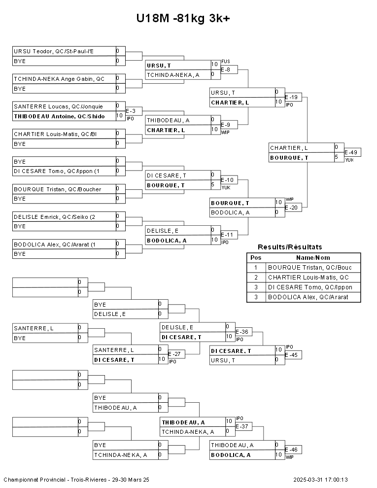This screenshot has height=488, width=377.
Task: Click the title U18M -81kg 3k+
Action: [x=183, y=19]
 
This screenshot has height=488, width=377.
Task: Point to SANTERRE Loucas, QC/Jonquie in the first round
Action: [x=58, y=106]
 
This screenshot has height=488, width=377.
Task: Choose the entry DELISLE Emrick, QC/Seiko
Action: [x=57, y=216]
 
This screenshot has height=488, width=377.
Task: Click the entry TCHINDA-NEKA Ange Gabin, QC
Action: [x=59, y=79]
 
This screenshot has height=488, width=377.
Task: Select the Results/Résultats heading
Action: [x=290, y=247]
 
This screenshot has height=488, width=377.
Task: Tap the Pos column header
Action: [x=256, y=258]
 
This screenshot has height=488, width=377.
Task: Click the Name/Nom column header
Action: [x=313, y=258]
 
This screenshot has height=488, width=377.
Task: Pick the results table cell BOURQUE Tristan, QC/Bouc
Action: [x=310, y=268]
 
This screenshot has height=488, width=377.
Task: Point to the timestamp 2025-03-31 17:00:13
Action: [x=320, y=480]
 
